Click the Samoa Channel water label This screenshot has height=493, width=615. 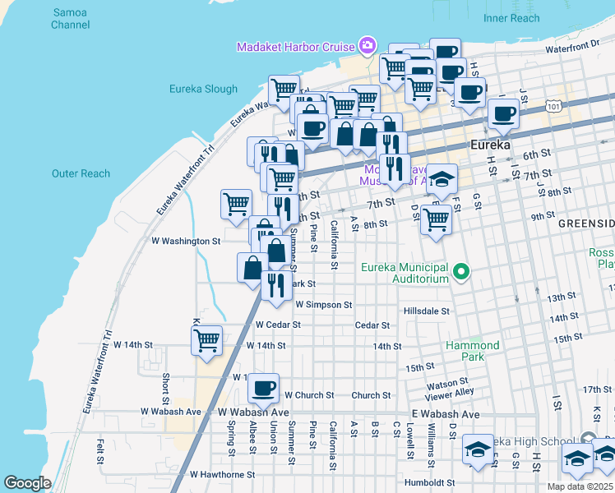pyautogui.click(x=70, y=19)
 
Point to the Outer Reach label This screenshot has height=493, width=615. pyautogui.click(x=81, y=173)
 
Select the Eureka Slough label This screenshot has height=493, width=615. pyautogui.click(x=203, y=89)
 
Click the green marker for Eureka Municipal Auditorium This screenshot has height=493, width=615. pyautogui.click(x=462, y=270)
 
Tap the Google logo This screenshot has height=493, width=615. pyautogui.click(x=27, y=483)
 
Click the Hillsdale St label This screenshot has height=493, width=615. pyautogui.click(x=427, y=311)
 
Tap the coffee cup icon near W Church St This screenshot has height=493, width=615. pyautogui.click(x=264, y=387)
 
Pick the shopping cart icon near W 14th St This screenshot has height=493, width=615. pyautogui.click(x=206, y=339)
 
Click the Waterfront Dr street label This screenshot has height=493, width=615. pyautogui.click(x=574, y=49)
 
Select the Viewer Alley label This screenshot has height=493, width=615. pyautogui.click(x=448, y=393)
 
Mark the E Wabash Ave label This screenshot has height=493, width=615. pyautogui.click(x=447, y=414)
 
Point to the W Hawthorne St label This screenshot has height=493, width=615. pyautogui.click(x=223, y=474)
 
